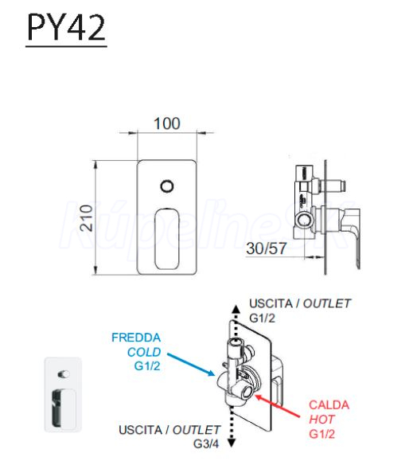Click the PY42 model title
66,27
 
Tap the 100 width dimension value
167,123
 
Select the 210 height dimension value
87,218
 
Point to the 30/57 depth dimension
266,248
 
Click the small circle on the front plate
167,186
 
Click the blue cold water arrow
191,365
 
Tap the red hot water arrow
278,406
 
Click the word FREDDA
136,338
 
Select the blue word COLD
144,352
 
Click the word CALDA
329,405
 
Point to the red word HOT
321,420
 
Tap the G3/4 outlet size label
206,444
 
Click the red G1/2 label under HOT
322,434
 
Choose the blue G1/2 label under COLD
147,366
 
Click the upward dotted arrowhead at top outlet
236,309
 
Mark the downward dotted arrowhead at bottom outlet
232,443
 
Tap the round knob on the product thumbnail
64,374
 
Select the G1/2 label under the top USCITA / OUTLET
263,318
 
